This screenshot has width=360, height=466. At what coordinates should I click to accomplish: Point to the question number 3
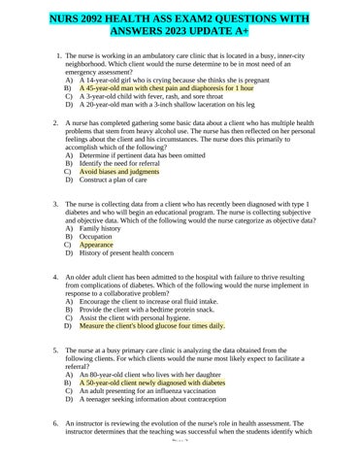(60, 207)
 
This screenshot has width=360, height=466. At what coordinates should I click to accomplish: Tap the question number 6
(60, 424)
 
